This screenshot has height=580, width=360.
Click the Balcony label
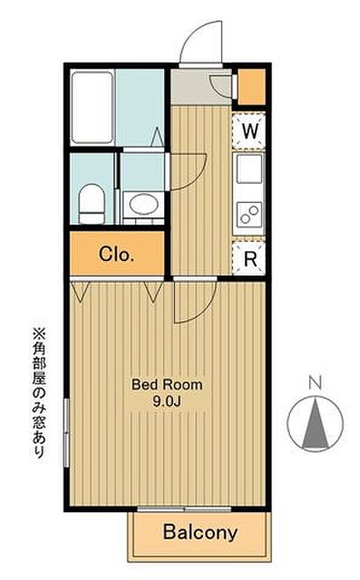(x=200, y=533)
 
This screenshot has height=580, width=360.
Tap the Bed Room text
(x=167, y=385)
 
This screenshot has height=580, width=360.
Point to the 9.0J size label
(x=167, y=402)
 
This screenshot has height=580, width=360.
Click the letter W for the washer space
(x=249, y=130)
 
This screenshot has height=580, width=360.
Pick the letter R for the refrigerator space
(x=251, y=259)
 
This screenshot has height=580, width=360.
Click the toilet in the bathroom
(x=92, y=204)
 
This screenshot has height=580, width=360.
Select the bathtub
(x=92, y=108)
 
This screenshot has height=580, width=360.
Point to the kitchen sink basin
(x=249, y=169)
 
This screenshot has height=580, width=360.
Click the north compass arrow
(x=315, y=423)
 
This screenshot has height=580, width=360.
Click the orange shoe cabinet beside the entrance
(x=251, y=87)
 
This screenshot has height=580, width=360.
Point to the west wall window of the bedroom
(x=66, y=433)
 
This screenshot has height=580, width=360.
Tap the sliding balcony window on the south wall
(x=184, y=509)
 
